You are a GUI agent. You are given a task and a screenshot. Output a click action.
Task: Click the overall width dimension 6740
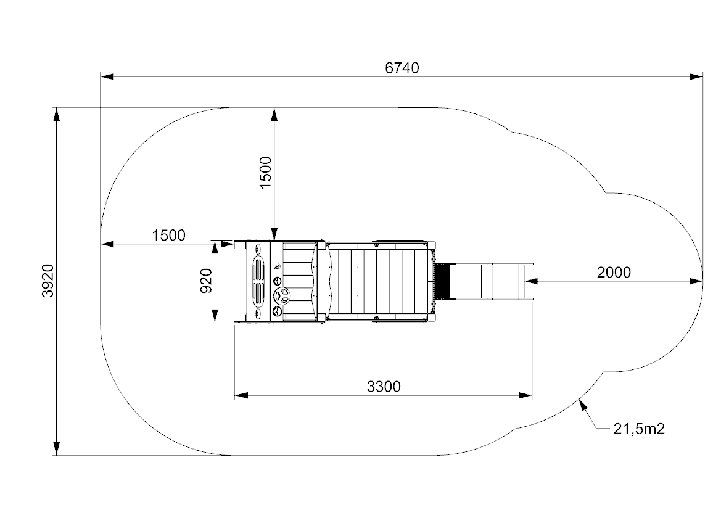[x=402, y=68]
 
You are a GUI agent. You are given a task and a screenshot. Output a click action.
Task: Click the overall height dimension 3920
[x=48, y=281]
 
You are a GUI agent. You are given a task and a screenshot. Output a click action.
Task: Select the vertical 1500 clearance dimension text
[x=265, y=173]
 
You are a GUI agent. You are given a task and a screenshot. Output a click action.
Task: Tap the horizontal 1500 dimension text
[x=169, y=236]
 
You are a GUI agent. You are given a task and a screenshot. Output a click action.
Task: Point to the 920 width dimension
[x=207, y=281]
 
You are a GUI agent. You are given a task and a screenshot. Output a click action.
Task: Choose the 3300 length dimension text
[x=384, y=387]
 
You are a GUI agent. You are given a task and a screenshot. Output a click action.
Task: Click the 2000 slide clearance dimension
[x=614, y=273]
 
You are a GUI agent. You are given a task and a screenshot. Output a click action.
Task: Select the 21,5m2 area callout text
[x=639, y=429]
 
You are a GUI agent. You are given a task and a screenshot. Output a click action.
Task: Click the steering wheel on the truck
[x=282, y=295]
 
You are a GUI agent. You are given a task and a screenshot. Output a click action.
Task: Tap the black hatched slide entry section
[x=442, y=281]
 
